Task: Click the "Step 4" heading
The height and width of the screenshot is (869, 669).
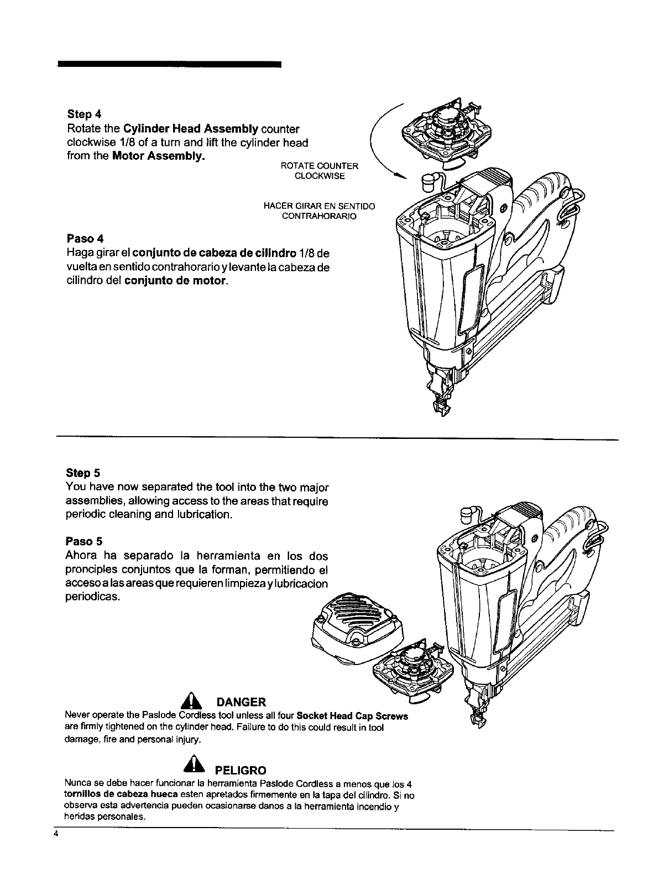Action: [x=84, y=114]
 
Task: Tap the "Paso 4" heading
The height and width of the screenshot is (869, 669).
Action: [x=85, y=239]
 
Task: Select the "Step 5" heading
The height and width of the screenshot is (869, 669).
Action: [x=83, y=473]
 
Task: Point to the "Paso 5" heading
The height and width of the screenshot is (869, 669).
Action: [x=84, y=540]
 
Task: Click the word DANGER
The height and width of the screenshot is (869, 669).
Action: [x=241, y=703]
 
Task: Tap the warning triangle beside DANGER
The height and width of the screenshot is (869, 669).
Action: [x=190, y=702]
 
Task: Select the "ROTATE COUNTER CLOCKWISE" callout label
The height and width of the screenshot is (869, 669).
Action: [x=320, y=171]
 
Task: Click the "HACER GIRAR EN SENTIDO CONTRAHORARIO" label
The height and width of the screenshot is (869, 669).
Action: [x=320, y=211]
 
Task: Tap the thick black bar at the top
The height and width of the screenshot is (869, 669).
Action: [x=169, y=65]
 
